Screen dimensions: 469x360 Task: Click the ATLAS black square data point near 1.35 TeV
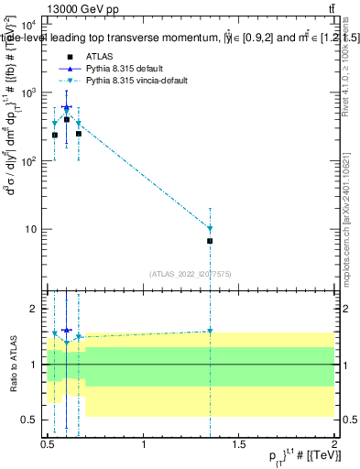[211, 241]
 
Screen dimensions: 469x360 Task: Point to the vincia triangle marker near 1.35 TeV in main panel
[211, 229]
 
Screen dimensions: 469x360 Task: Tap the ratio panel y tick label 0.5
[30, 420]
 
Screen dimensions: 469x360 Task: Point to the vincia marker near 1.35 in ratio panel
[211, 332]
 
